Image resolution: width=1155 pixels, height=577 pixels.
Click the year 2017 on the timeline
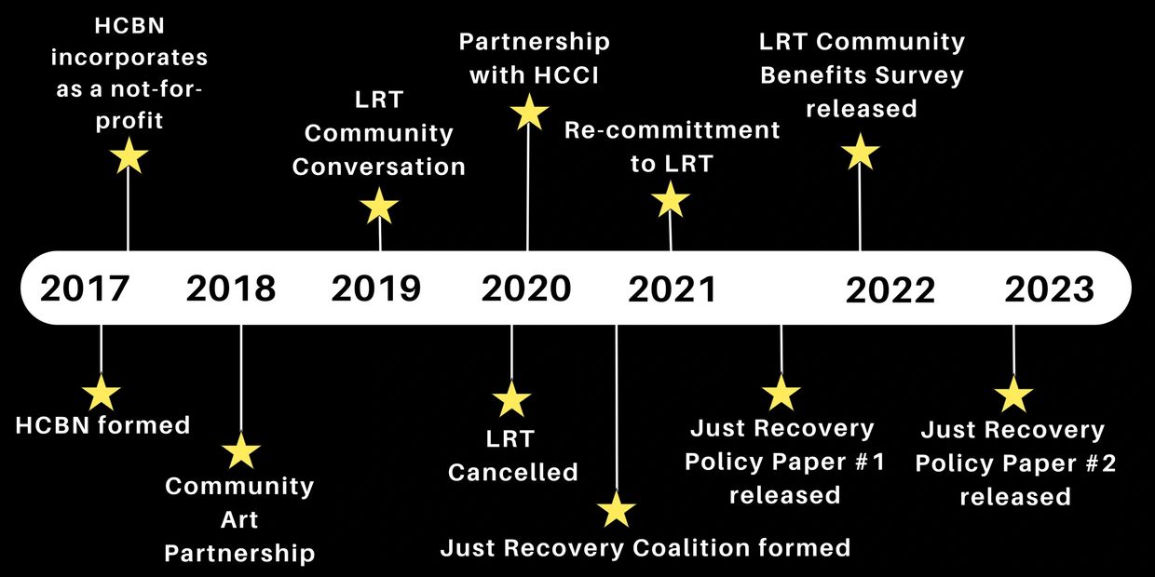tap(85, 288)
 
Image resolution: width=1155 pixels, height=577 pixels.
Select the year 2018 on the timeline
tap(231, 288)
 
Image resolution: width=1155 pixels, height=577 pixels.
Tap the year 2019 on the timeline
tap(376, 288)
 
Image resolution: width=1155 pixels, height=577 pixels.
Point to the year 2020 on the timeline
tap(526, 288)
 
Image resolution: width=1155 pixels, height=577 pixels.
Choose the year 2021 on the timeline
tap(673, 289)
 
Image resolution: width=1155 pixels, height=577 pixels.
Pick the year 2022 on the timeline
tap(890, 290)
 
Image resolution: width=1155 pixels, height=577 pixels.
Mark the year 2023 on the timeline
tap(1050, 289)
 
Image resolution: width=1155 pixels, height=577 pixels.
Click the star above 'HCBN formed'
tap(101, 393)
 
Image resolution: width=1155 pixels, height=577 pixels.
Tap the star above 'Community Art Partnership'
tap(240, 451)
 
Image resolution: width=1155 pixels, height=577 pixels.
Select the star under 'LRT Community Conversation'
tap(379, 206)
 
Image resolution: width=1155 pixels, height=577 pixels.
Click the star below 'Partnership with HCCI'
tap(529, 113)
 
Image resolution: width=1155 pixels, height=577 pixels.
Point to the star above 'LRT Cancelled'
tap(511, 399)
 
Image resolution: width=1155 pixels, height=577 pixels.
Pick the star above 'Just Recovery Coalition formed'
tap(616, 509)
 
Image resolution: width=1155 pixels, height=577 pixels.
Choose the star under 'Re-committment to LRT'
tap(670, 200)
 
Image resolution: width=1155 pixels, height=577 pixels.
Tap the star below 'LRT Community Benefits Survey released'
tap(860, 152)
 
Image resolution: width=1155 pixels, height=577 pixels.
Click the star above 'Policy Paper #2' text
tap(1012, 396)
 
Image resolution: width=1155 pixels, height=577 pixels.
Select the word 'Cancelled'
tap(513, 473)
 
